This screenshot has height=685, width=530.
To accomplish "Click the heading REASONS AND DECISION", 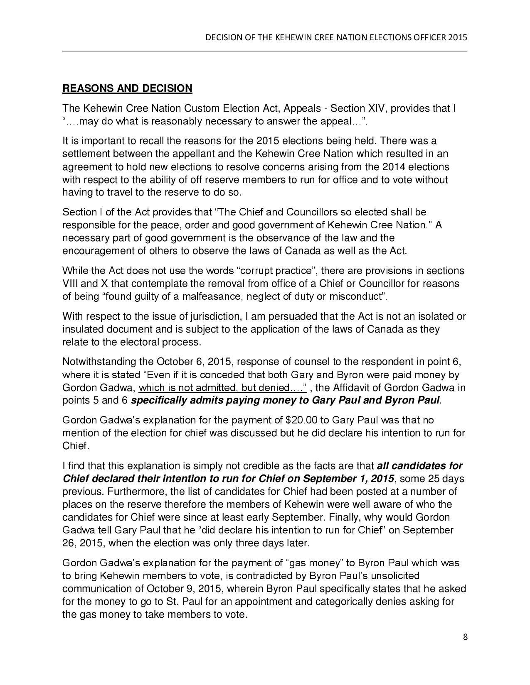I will [127, 88].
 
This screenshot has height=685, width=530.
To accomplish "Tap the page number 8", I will [465, 637].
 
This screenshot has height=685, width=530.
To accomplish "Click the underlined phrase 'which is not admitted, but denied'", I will [222, 388].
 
